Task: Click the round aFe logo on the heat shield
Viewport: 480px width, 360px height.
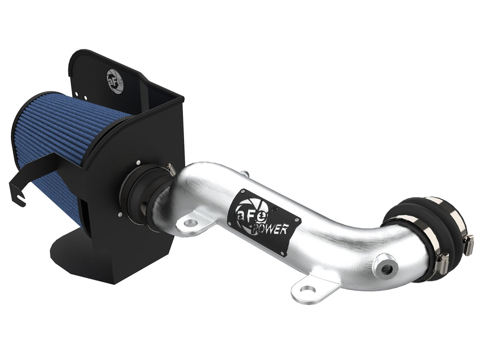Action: pyautogui.click(x=115, y=81)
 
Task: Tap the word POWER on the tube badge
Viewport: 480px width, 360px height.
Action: pyautogui.click(x=274, y=227)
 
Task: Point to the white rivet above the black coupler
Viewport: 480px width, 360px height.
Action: pyautogui.click(x=149, y=162)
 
